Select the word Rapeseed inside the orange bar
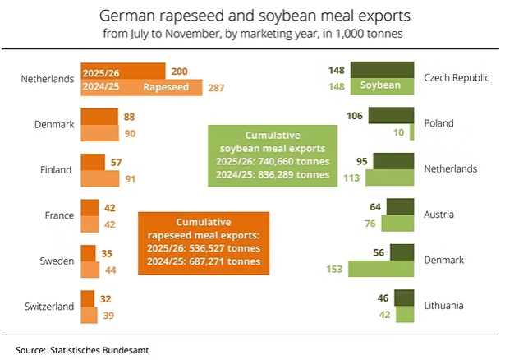[168, 87]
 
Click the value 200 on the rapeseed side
[180, 71]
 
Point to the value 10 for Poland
[398, 132]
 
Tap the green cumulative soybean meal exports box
[271, 154]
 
